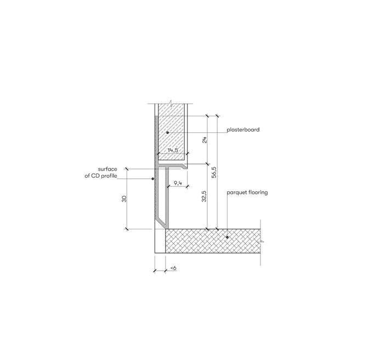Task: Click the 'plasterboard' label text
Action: point(243,130)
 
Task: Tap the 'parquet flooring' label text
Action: point(247,193)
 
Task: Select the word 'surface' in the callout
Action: point(107,169)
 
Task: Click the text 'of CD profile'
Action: point(100,176)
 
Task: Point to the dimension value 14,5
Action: point(173,150)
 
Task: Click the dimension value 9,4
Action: point(178,183)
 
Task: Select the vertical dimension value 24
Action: point(205,140)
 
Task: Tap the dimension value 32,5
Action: point(204,196)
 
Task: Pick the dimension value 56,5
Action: point(214,172)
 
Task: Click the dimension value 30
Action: point(124,199)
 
